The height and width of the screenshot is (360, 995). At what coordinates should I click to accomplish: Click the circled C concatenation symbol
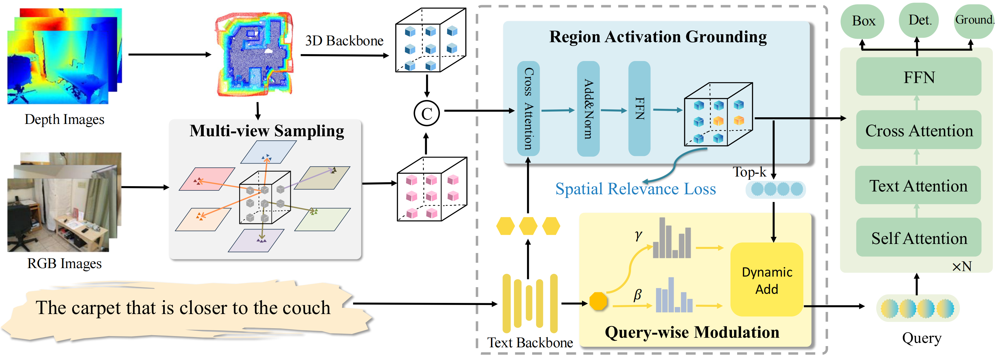pyautogui.click(x=426, y=113)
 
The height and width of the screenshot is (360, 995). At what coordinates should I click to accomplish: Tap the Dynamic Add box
pyautogui.click(x=767, y=280)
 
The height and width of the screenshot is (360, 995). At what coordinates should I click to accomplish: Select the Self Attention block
pyautogui.click(x=919, y=238)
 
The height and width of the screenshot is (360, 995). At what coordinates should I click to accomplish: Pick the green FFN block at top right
pyautogui.click(x=919, y=77)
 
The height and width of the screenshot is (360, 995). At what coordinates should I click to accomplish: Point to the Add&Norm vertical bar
pyautogui.click(x=588, y=109)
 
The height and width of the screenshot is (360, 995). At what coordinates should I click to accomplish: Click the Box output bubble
pyautogui.click(x=863, y=21)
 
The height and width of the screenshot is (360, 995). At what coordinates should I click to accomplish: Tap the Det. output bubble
pyautogui.click(x=920, y=20)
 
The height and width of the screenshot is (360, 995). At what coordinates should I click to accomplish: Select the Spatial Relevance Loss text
pyautogui.click(x=636, y=189)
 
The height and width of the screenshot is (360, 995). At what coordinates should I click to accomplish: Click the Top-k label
pyautogui.click(x=749, y=172)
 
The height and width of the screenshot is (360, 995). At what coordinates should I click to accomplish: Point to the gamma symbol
pyautogui.click(x=638, y=235)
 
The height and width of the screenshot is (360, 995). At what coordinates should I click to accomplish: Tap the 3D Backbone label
pyautogui.click(x=344, y=41)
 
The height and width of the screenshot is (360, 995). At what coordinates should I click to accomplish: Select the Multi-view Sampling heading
pyautogui.click(x=267, y=131)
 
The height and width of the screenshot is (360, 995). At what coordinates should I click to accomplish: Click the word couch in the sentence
pyautogui.click(x=306, y=308)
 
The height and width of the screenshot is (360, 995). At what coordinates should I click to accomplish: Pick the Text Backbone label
pyautogui.click(x=530, y=342)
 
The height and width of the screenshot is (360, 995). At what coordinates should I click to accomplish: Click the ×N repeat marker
pyautogui.click(x=961, y=266)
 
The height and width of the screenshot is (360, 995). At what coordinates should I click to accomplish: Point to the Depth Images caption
pyautogui.click(x=64, y=119)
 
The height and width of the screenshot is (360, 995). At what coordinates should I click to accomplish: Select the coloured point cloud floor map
pyautogui.click(x=254, y=54)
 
